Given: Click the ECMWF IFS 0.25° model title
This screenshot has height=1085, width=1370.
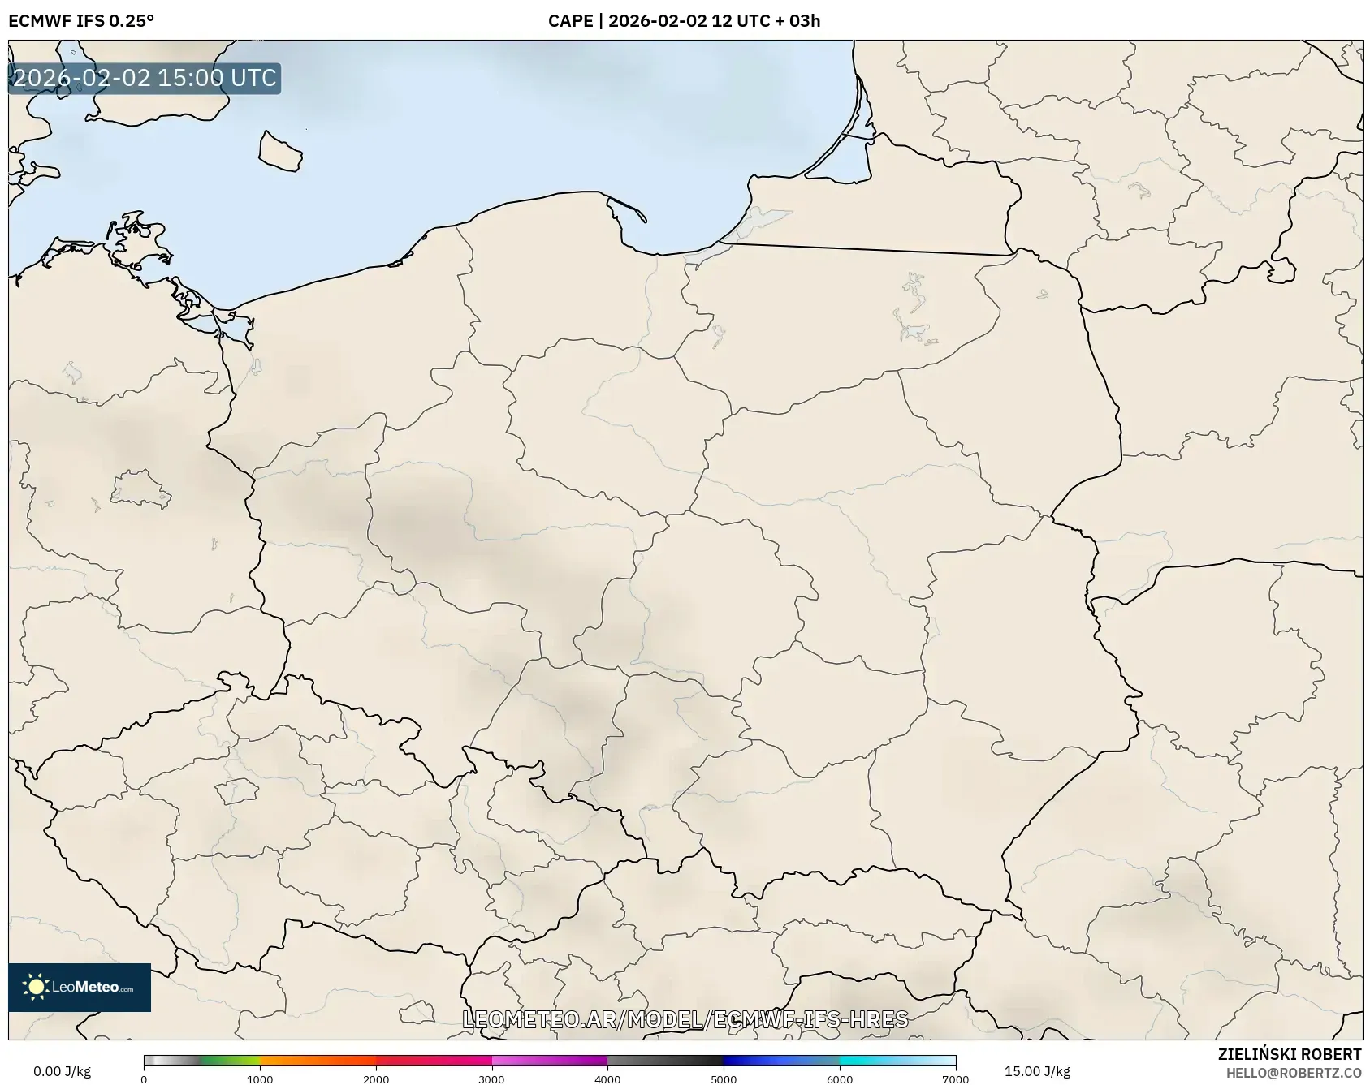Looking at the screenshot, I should click(x=81, y=21).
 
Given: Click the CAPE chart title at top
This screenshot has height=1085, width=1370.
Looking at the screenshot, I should click(x=684, y=21).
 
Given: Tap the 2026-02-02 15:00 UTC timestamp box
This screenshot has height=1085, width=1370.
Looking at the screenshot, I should click(x=145, y=79).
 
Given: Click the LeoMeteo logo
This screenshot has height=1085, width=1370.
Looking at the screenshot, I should click(x=80, y=987).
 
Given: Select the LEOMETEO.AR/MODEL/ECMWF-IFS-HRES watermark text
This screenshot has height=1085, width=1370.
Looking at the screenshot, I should click(x=685, y=1019).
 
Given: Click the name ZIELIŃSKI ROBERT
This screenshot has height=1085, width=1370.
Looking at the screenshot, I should click(x=1289, y=1054).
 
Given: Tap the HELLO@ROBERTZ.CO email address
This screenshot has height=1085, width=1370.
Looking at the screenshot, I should click(x=1293, y=1073).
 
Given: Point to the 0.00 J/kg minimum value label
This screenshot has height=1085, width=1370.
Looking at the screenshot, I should click(x=62, y=1071).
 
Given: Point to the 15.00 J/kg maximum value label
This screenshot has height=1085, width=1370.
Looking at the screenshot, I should click(x=1037, y=1071).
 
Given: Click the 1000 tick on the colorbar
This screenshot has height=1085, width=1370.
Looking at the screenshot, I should click(x=260, y=1079).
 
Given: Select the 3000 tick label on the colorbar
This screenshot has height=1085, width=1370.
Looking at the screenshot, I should click(x=491, y=1079).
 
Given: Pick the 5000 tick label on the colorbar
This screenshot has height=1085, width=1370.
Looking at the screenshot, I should click(x=724, y=1079).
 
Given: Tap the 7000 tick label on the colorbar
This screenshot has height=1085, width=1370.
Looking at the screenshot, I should click(x=955, y=1079).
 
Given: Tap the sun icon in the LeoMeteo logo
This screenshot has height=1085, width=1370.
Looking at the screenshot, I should click(x=36, y=987).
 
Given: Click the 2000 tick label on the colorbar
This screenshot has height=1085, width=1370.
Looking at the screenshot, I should click(x=376, y=1079).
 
